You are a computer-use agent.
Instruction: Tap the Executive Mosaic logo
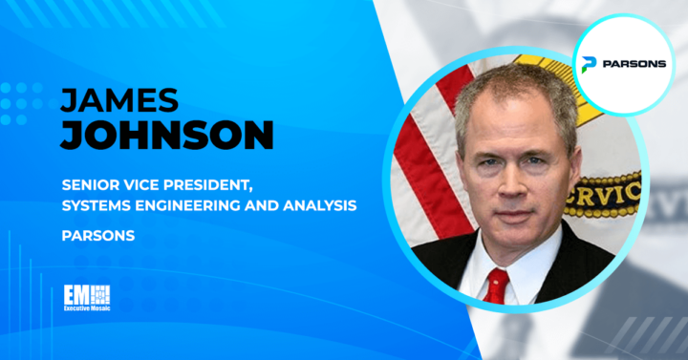point(87,299)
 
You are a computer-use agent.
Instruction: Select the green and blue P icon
point(589,63)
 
